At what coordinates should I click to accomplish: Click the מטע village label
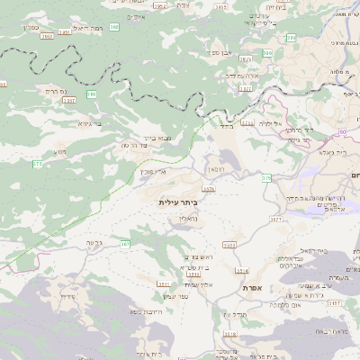click(x=60, y=151)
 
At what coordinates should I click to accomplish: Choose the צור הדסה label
click(x=132, y=144)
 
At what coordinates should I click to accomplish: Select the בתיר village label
click(x=224, y=127)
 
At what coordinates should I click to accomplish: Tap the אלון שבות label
click(x=197, y=284)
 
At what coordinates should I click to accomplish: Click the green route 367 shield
click(x=125, y=244)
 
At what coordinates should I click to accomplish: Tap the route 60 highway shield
click(x=343, y=131)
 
